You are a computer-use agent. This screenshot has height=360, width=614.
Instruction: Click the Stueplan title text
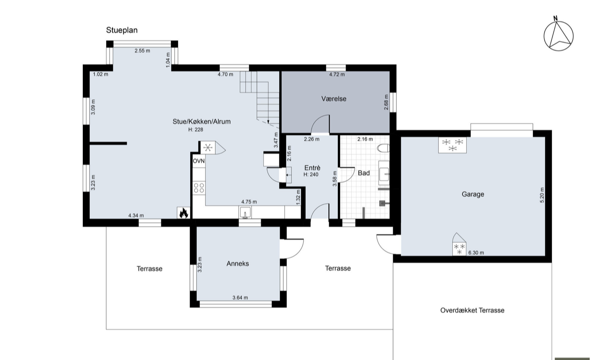pyautogui.click(x=122, y=30)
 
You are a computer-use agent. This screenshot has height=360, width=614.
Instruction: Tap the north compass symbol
pyautogui.click(x=559, y=36)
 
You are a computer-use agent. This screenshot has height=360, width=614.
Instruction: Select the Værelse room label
pyautogui.click(x=334, y=99)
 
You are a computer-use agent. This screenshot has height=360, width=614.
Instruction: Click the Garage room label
pyautogui.click(x=473, y=194)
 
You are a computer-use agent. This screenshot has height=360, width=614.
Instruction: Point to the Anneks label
pyautogui.click(x=237, y=264)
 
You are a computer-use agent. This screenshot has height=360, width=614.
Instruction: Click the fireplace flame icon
pyautogui.click(x=183, y=212)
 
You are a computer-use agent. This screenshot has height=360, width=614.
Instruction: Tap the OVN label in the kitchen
pyautogui.click(x=199, y=161)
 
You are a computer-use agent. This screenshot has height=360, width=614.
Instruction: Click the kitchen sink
pyautogui.click(x=245, y=212)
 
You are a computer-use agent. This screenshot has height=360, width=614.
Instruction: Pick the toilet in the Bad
pyautogui.click(x=383, y=148)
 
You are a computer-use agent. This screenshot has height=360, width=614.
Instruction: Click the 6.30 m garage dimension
pyautogui.click(x=476, y=253)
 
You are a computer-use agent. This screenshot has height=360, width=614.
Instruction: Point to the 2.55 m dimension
pyautogui.click(x=142, y=51)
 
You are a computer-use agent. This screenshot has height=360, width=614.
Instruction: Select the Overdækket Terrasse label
pyautogui.click(x=472, y=310)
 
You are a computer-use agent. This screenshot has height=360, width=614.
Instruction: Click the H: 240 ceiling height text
pyautogui.click(x=311, y=175)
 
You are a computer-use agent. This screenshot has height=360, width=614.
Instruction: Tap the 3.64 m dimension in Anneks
pyautogui.click(x=240, y=298)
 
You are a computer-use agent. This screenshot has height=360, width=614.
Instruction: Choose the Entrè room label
pyautogui.click(x=312, y=168)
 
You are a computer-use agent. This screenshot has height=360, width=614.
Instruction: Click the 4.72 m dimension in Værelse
pyautogui.click(x=337, y=75)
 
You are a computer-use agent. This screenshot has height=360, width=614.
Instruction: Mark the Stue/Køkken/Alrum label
pyautogui.click(x=202, y=122)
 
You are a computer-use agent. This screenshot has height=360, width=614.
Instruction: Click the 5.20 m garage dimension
pyautogui.click(x=542, y=195)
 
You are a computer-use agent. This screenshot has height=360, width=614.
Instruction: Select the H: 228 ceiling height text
pyautogui.click(x=196, y=130)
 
